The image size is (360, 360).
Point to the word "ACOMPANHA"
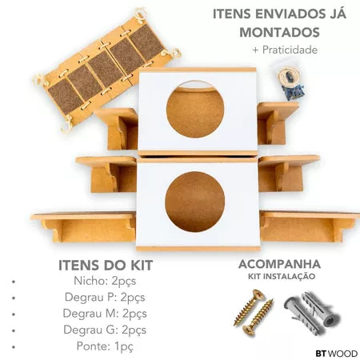point(279,264)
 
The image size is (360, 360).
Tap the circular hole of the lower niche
point(194,201)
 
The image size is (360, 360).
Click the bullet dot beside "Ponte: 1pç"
point(15,346)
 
